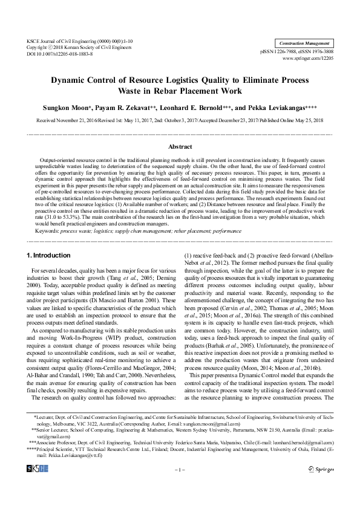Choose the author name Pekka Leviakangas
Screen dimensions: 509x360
coord(275,107)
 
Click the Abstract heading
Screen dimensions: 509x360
coord(180,146)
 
